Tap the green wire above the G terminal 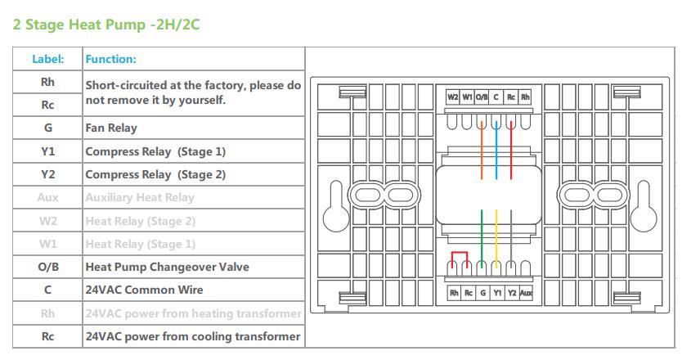pyautogui.click(x=481, y=237)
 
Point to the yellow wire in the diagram pyautogui.click(x=496, y=237)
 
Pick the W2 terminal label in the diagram pyautogui.click(x=452, y=97)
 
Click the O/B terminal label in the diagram pyautogui.click(x=482, y=97)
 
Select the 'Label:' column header pyautogui.click(x=47, y=59)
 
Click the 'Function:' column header pyautogui.click(x=111, y=59)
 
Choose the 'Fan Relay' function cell pyautogui.click(x=111, y=128)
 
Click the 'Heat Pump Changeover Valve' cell pyautogui.click(x=167, y=267)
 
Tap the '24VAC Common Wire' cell pyautogui.click(x=144, y=290)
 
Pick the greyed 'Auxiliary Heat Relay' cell pyautogui.click(x=140, y=197)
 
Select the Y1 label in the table pyautogui.click(x=47, y=151)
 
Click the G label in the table pyautogui.click(x=47, y=128)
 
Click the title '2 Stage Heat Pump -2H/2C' pyautogui.click(x=106, y=25)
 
